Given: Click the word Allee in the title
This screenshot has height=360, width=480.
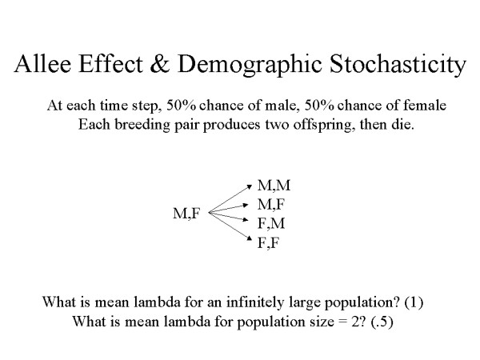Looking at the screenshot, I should tap(46, 67).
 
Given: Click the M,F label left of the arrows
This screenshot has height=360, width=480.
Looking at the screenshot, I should tap(186, 214).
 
